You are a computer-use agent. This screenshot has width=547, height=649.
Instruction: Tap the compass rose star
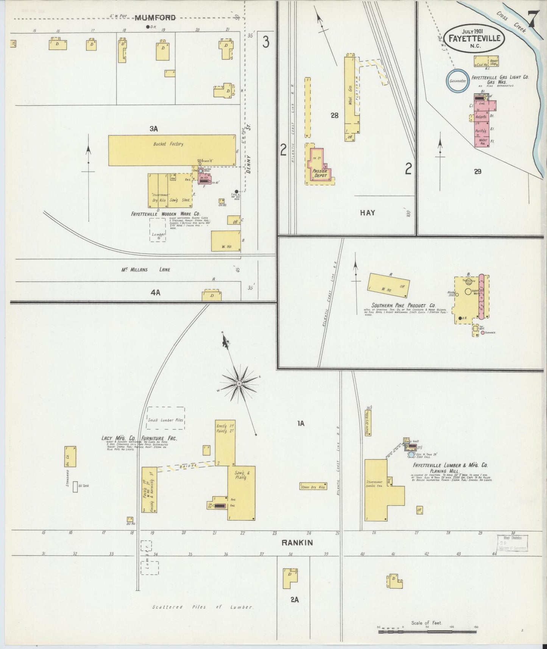point(239,384)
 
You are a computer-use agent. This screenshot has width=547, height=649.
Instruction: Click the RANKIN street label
point(297,543)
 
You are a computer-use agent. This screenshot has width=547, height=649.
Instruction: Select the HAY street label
point(367,213)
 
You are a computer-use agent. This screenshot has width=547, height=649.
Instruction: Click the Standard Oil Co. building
point(71,456)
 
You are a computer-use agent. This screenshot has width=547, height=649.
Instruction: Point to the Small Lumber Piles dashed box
point(165,418)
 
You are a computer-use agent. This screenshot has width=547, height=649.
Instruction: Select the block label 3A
point(153,129)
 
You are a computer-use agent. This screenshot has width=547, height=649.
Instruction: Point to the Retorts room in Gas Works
point(481,117)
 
